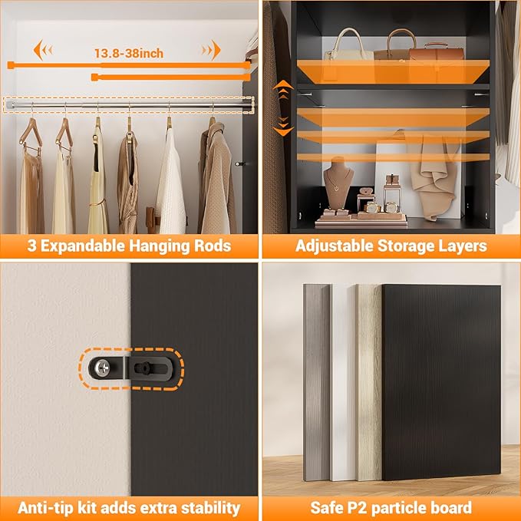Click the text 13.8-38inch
tap(128, 53)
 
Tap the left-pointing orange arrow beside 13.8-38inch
tap(43, 51)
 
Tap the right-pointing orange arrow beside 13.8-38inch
tap(211, 51)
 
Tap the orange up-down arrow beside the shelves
tap(283, 107)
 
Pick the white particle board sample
tap(341, 384)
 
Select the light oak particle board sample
tap(368, 384)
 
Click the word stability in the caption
tap(209, 507)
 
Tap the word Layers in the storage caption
tap(462, 246)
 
